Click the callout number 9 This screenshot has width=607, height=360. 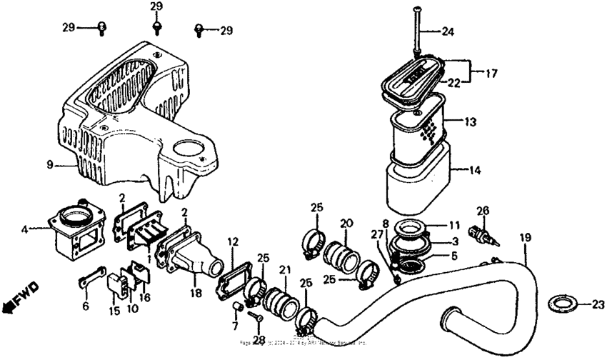tap(50, 165)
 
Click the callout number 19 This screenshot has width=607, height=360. tap(526, 236)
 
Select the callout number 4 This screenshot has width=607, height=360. tap(24, 229)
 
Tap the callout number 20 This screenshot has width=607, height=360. tap(346, 224)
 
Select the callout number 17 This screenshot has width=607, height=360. tap(491, 73)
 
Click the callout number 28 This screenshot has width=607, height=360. tap(258, 340)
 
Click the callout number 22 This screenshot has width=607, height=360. tap(453, 84)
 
